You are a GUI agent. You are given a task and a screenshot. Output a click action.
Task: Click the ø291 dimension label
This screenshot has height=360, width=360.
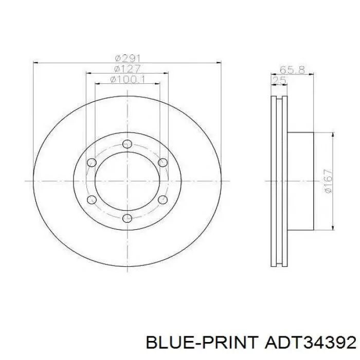point(128,58)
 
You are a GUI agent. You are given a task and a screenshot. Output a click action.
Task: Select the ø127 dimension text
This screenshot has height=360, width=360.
point(127,69)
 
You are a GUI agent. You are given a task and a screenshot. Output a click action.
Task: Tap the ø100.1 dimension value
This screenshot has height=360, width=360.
point(128,79)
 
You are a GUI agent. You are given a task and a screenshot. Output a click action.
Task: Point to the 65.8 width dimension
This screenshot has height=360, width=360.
point(292,69)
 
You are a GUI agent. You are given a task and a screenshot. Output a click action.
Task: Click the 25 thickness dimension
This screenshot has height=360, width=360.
point(279,80)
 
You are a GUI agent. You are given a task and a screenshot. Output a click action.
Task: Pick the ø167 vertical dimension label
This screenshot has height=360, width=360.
point(328,181)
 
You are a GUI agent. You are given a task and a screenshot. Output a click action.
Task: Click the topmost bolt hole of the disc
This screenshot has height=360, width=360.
point(127,144)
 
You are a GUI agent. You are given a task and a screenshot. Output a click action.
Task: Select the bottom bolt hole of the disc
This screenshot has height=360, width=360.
point(127,218)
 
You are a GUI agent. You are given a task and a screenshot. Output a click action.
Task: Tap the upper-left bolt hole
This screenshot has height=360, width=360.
point(92,163)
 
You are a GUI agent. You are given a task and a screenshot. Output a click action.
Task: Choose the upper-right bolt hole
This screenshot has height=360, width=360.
point(163,163)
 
